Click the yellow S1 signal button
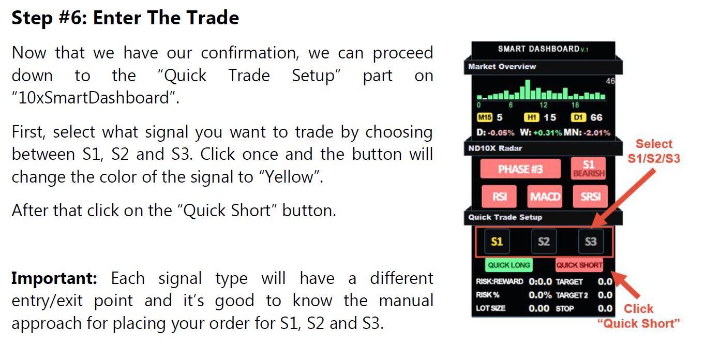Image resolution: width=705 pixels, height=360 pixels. pyautogui.click(x=497, y=241)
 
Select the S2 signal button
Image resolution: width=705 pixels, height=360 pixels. pyautogui.click(x=544, y=241)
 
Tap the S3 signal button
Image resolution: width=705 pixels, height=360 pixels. pyautogui.click(x=590, y=241)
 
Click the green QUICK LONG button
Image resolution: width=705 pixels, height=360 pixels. pyautogui.click(x=509, y=265)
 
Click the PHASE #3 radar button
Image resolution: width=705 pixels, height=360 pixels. pyautogui.click(x=520, y=169)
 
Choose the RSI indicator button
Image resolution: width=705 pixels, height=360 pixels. pyautogui.click(x=499, y=197)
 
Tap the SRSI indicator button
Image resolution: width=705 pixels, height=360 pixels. pyautogui.click(x=590, y=197)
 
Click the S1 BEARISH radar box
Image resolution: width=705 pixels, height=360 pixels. pyautogui.click(x=589, y=169)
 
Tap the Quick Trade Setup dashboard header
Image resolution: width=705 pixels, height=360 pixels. pyautogui.click(x=505, y=217)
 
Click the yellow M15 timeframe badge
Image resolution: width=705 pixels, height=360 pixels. pyautogui.click(x=484, y=117)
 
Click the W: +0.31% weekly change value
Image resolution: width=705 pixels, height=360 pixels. pyautogui.click(x=541, y=132)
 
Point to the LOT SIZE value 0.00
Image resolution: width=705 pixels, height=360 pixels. pyautogui.click(x=539, y=308)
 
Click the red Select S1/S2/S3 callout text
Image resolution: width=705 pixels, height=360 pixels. pyautogui.click(x=653, y=151)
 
